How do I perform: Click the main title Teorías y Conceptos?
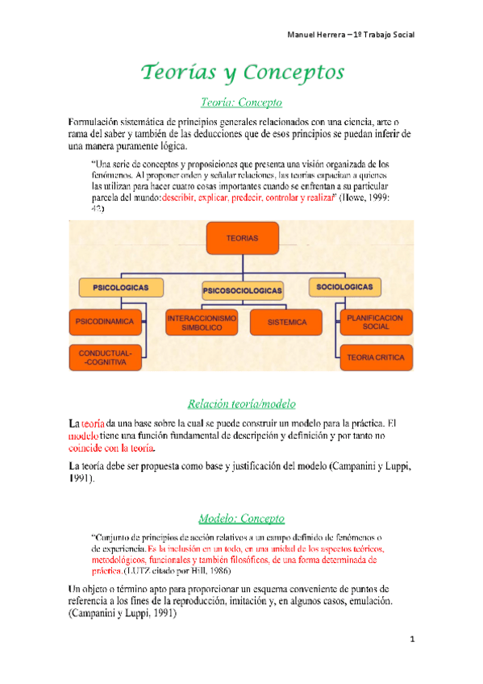click(242, 73)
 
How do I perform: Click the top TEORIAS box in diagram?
click(242, 240)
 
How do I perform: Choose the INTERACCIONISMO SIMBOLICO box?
click(202, 322)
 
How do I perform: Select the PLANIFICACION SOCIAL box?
click(374, 322)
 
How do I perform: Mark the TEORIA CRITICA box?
click(374, 356)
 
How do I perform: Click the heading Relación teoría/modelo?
click(241, 402)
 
